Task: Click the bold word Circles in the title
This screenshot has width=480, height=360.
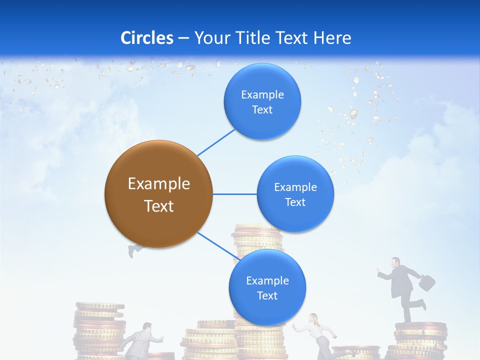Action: click(147, 37)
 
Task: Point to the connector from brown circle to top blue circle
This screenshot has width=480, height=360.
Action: click(216, 142)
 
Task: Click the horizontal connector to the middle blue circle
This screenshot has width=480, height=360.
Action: click(235, 194)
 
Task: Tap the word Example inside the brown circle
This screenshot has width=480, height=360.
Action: click(159, 184)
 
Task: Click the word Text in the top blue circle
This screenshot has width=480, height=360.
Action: click(262, 110)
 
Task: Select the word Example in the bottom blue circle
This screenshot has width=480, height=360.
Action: click(267, 281)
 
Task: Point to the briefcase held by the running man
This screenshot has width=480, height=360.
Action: click(426, 282)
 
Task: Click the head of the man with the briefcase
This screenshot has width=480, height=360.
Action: click(395, 262)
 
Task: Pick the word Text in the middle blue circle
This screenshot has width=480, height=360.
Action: click(295, 202)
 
